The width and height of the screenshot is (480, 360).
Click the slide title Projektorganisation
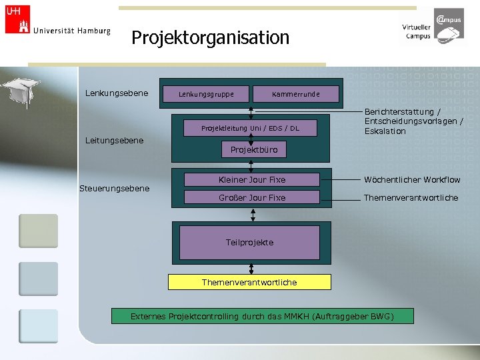(210, 37)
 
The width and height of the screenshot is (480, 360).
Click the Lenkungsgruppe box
(206, 94)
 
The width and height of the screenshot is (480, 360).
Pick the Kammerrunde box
(295, 94)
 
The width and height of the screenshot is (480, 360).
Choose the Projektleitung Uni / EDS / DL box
(251, 128)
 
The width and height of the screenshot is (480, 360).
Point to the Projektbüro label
(253, 150)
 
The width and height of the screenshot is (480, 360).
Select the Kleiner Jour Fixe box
(251, 180)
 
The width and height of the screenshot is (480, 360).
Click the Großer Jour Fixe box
(251, 198)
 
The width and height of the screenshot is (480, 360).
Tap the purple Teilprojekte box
(249, 242)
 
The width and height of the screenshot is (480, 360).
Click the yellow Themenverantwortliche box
(249, 283)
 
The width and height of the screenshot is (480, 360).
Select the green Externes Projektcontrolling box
(262, 316)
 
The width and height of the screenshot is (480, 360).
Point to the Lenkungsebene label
(117, 93)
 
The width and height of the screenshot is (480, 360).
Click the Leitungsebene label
(115, 140)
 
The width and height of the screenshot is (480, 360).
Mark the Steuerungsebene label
(114, 189)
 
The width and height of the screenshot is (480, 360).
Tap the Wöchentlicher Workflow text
(411, 180)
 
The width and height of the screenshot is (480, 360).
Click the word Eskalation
(385, 131)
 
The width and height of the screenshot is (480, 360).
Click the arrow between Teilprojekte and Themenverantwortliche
(251, 267)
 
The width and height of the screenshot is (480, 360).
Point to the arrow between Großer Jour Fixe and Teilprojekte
(253, 215)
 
